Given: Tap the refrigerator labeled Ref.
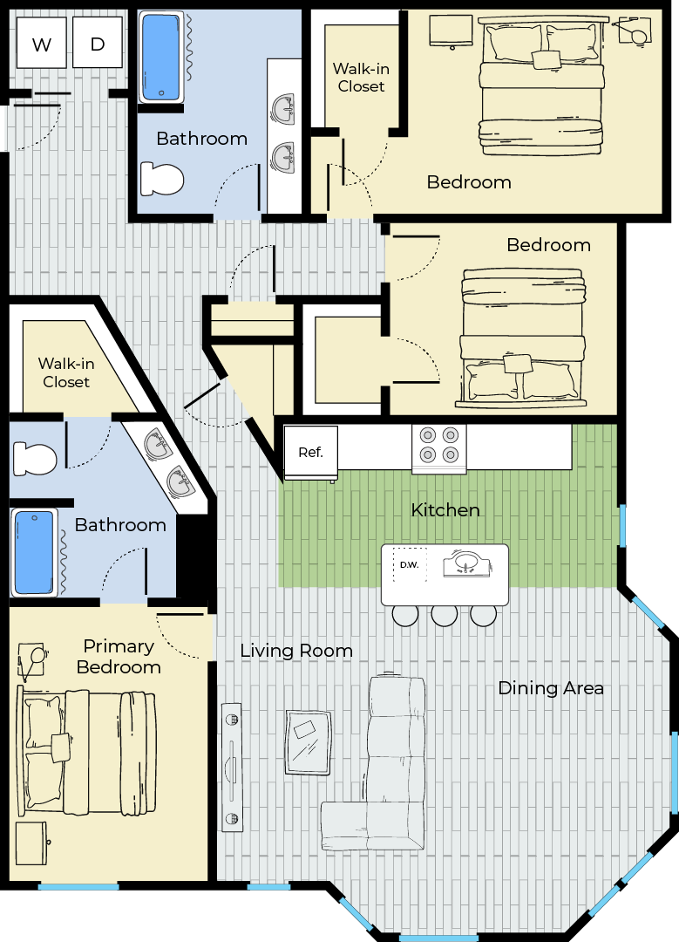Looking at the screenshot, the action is click(310, 454).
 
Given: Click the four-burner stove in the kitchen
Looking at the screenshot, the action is click(438, 449).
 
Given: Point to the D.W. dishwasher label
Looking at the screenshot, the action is click(410, 564).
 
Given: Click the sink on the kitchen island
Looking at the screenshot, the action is click(466, 564).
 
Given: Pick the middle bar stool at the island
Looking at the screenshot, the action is click(445, 615).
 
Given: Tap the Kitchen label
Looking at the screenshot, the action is click(445, 510).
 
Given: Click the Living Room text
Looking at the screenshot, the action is click(296, 651).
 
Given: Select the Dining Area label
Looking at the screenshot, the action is click(551, 688).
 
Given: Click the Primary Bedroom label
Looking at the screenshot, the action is click(119, 657).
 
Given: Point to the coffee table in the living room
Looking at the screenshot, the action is click(309, 742).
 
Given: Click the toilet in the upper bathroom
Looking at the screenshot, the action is click(162, 179).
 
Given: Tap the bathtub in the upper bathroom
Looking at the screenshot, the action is click(161, 57).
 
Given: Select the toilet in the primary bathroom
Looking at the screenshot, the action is click(35, 459).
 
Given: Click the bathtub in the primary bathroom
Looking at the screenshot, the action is click(34, 552).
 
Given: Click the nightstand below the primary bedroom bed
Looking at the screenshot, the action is click(32, 843).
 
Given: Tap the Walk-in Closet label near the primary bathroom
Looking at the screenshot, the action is click(66, 372).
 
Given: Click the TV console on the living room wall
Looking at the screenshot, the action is click(232, 768).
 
